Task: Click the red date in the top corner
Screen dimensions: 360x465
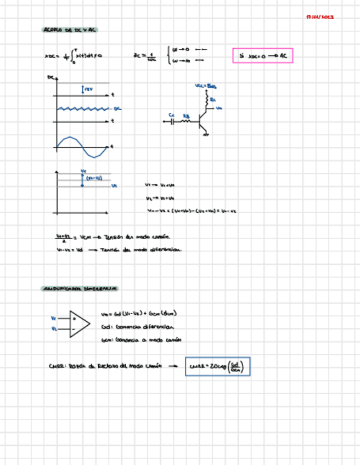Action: pyautogui.click(x=320, y=17)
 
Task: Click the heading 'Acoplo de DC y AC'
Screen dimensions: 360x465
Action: pyautogui.click(x=69, y=30)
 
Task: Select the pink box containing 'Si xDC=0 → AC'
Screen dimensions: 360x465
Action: pyautogui.click(x=263, y=55)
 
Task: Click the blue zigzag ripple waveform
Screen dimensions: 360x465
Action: pyautogui.click(x=82, y=109)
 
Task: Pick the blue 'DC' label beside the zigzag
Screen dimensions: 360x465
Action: pyautogui.click(x=117, y=109)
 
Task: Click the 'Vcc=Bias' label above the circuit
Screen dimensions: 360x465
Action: pyautogui.click(x=206, y=87)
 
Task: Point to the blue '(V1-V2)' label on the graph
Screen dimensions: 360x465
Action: pyautogui.click(x=94, y=178)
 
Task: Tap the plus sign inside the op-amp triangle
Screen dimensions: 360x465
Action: pyautogui.click(x=73, y=318)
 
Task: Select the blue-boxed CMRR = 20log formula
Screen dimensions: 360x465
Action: pyautogui.click(x=217, y=367)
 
